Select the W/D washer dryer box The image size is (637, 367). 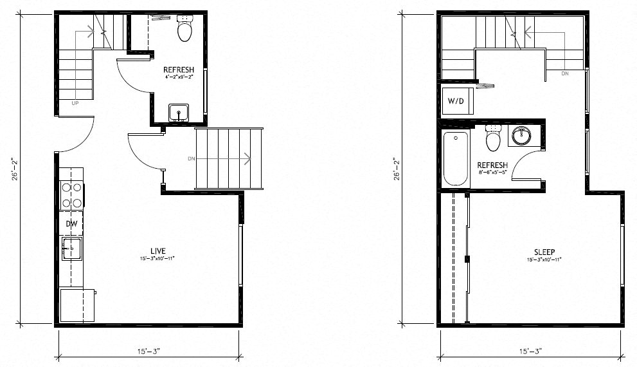(x=456, y=101)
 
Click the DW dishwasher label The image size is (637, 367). (x=71, y=223)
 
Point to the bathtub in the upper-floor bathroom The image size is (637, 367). (x=456, y=158)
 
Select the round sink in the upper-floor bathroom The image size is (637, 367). (x=522, y=136)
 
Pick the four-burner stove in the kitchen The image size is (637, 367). (x=71, y=194)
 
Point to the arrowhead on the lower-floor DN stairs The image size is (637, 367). (x=248, y=157)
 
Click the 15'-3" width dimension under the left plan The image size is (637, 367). (x=148, y=351)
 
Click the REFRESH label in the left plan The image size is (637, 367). (x=179, y=70)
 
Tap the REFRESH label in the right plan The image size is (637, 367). (x=492, y=165)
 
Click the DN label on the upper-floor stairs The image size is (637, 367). (x=565, y=74)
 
